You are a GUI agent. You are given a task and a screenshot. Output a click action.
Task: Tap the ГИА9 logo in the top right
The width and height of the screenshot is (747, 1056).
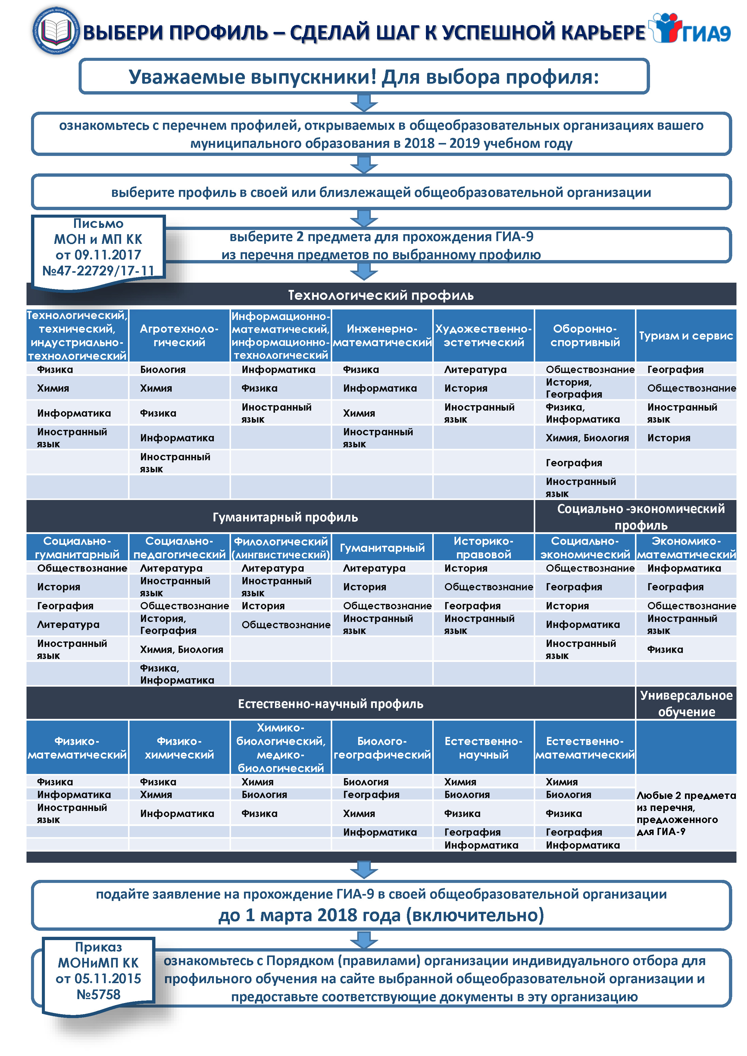click(690, 29)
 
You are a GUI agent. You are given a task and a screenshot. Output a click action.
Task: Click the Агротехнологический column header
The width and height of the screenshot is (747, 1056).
click(179, 335)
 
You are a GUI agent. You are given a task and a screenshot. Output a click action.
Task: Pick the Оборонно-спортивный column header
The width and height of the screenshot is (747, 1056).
click(585, 335)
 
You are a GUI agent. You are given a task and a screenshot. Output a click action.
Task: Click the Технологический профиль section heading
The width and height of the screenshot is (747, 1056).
click(381, 295)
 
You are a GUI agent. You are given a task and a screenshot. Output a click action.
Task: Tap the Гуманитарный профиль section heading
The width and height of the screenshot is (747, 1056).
click(285, 517)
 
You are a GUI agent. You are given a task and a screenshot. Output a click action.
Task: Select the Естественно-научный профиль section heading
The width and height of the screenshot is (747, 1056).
click(330, 703)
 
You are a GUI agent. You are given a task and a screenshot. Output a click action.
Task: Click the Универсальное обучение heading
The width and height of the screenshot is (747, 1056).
click(686, 703)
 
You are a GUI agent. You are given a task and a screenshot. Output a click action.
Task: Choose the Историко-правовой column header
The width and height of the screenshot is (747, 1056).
click(483, 547)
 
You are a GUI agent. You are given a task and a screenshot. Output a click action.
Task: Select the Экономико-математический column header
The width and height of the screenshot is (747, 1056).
click(686, 547)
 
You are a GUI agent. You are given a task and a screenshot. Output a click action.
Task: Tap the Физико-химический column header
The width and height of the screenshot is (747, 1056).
click(179, 747)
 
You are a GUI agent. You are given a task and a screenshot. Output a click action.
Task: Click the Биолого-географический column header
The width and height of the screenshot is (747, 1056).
click(382, 747)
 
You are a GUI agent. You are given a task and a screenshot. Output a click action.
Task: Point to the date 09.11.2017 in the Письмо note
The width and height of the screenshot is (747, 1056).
click(98, 255)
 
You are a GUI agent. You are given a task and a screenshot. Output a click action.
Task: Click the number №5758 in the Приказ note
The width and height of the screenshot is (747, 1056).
click(98, 994)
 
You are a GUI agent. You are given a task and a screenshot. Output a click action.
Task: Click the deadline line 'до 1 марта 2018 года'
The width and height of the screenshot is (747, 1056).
click(381, 915)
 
